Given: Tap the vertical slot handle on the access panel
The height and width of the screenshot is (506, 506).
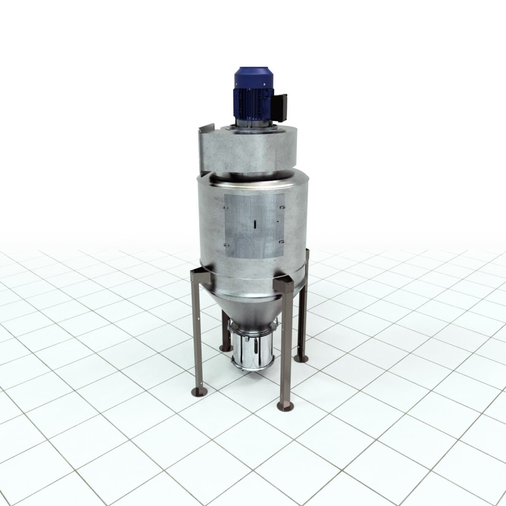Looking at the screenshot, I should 254,224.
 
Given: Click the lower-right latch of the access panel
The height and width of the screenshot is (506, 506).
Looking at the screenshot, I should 282,242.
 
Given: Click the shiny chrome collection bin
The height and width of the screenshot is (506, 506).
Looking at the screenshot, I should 253,350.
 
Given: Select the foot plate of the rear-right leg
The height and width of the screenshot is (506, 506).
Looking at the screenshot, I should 301,358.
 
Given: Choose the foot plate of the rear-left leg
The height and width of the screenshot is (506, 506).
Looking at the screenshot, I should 224,348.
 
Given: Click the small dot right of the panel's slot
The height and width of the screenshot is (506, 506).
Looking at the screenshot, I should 277,221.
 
